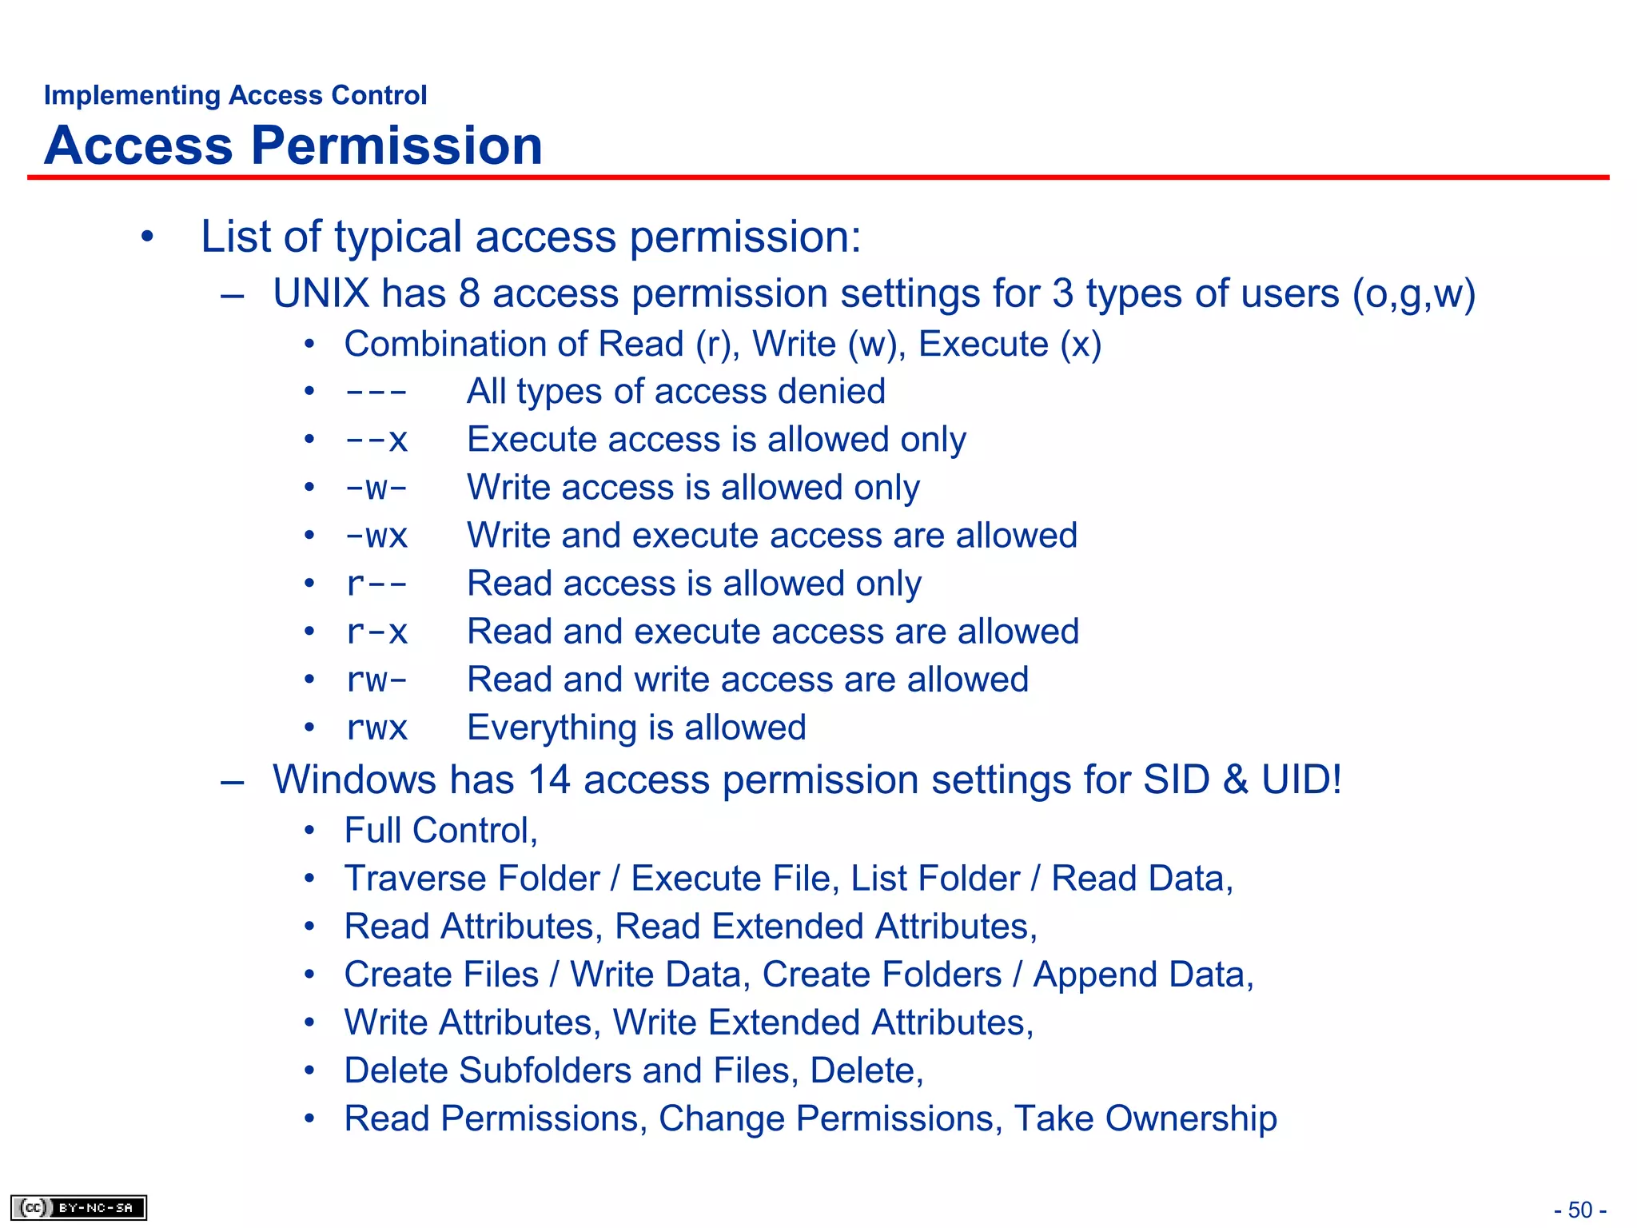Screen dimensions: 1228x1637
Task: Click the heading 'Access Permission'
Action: pyautogui.click(x=293, y=146)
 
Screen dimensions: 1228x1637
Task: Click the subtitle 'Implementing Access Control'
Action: pyautogui.click(x=235, y=95)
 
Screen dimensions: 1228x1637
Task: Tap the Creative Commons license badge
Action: pyautogui.click(x=78, y=1207)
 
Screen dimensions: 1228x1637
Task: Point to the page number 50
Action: pyautogui.click(x=1579, y=1210)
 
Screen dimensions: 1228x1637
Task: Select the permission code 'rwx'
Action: pyautogui.click(x=376, y=728)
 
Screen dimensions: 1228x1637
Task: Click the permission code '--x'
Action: pyautogui.click(x=376, y=441)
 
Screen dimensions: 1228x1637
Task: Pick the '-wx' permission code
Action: pyautogui.click(x=376, y=536)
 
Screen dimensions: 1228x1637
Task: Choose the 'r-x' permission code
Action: pyautogui.click(x=376, y=632)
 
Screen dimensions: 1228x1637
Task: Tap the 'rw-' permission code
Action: pyautogui.click(x=376, y=680)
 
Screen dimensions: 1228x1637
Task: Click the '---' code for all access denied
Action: pyautogui.click(x=376, y=393)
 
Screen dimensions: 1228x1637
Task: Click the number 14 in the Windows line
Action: pyautogui.click(x=548, y=779)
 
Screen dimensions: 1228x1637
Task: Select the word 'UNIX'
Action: pyautogui.click(x=321, y=293)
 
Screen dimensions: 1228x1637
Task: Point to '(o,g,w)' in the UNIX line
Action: pyautogui.click(x=1413, y=293)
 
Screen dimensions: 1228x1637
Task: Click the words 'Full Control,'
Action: pyautogui.click(x=440, y=831)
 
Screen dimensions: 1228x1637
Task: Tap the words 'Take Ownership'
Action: pyautogui.click(x=1145, y=1118)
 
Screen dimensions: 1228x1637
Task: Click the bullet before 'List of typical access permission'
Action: pyautogui.click(x=146, y=237)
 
